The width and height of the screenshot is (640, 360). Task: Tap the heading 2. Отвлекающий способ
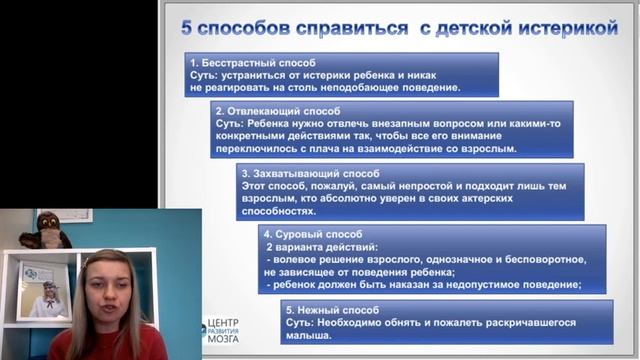pos(279,111)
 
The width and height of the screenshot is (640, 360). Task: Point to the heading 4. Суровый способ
pos(314,232)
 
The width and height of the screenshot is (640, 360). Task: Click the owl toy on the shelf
pos(46,229)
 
